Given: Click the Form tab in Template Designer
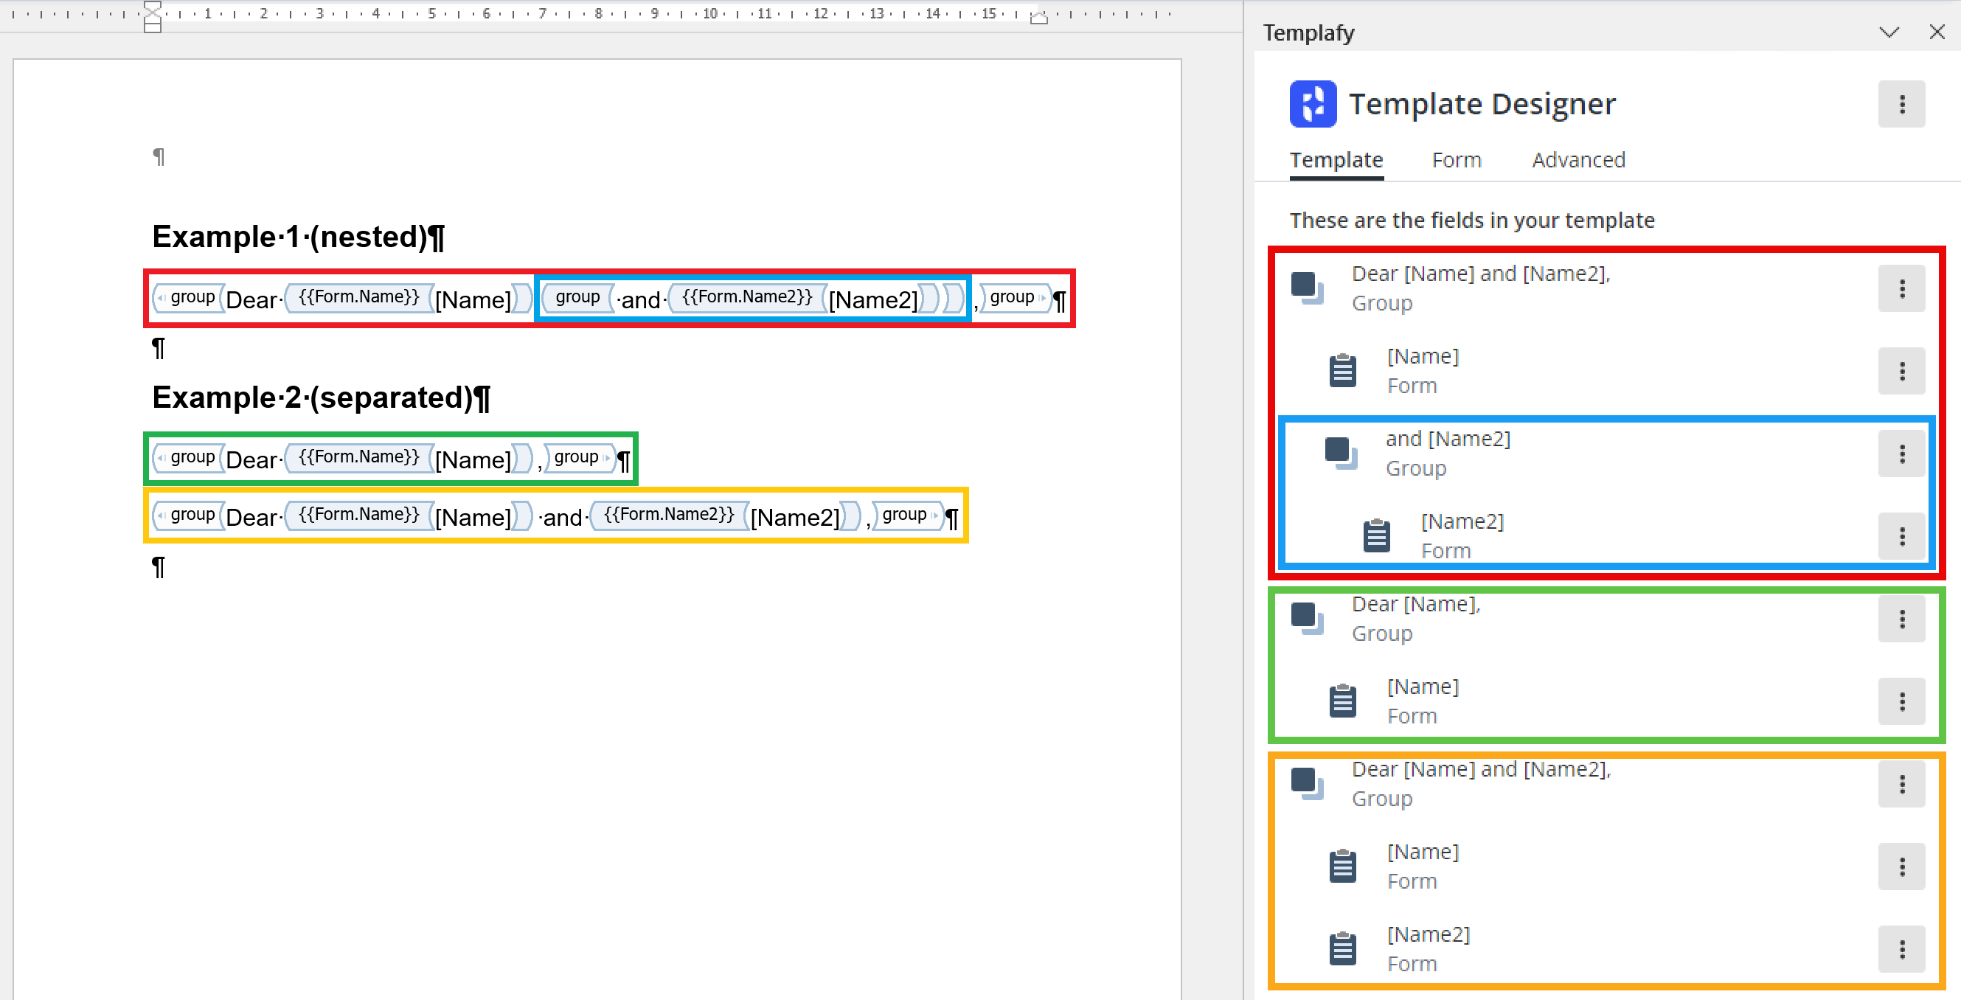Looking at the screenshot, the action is [x=1457, y=160].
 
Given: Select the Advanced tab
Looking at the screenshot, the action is [x=1578, y=160].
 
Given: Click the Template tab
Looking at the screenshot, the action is [x=1336, y=160].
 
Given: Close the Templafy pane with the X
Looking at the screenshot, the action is [x=1937, y=32].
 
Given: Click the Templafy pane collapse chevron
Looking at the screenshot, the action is [x=1889, y=32].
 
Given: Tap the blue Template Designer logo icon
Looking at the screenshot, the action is [x=1313, y=103].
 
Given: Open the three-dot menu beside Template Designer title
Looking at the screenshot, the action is [x=1901, y=103].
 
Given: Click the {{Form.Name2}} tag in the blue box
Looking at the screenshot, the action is [x=747, y=296].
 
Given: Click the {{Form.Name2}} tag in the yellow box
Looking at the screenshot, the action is [x=669, y=515].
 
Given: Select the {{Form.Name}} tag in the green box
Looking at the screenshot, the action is [x=358, y=456].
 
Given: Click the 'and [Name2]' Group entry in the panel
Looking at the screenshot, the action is [x=1447, y=453].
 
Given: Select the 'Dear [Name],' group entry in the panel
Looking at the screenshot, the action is [x=1416, y=618].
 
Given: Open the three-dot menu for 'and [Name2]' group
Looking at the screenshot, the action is [x=1901, y=454].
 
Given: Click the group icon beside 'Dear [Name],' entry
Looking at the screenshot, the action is [x=1307, y=618].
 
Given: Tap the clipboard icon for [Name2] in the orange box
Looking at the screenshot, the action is [x=1342, y=948].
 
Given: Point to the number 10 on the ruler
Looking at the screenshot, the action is [x=709, y=13].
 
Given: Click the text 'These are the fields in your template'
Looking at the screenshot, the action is [x=1471, y=221].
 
